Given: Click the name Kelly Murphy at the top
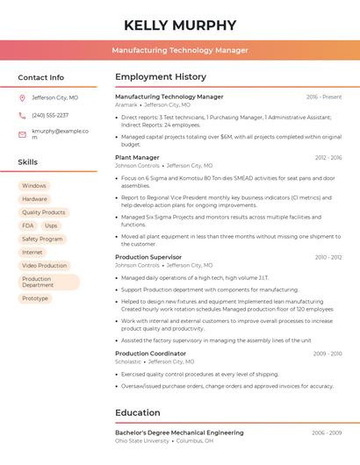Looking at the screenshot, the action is point(179,25).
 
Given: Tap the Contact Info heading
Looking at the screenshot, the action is point(40,77).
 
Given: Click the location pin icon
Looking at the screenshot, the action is point(22,98).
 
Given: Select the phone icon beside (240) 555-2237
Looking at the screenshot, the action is point(22,116).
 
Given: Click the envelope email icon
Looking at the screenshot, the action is point(22,134).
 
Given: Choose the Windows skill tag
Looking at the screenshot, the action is point(34,186).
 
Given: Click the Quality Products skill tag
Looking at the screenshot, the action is point(44,212).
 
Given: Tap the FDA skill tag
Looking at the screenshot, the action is point(28,225).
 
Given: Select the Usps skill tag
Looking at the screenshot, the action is point(51,225).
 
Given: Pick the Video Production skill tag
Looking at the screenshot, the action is point(45,266).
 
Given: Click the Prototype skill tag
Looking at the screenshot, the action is point(35,298).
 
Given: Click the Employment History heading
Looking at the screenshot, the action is point(161,77).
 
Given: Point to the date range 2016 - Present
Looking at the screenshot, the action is point(324,97).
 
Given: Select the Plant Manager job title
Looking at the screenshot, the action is point(137,158).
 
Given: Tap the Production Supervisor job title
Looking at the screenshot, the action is point(148,257).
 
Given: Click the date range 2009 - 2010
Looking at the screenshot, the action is point(327,354).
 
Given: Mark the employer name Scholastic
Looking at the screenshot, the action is point(128,361).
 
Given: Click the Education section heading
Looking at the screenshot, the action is point(138,412).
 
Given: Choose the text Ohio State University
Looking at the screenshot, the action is point(142,440).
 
